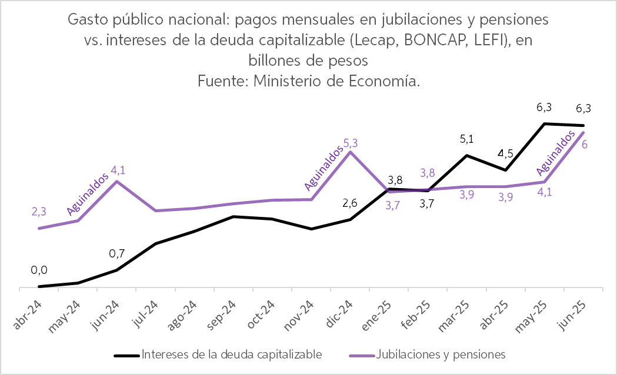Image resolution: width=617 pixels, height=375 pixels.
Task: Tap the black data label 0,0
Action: tap(39, 270)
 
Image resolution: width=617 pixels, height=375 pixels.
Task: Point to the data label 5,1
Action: tap(467, 140)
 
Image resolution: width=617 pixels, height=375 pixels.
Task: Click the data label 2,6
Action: tap(351, 204)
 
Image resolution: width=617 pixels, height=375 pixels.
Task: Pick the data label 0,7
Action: tap(118, 254)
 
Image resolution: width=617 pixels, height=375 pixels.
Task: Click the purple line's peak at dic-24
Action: tap(351, 152)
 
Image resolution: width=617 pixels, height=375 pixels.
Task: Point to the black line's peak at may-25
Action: tap(545, 123)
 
